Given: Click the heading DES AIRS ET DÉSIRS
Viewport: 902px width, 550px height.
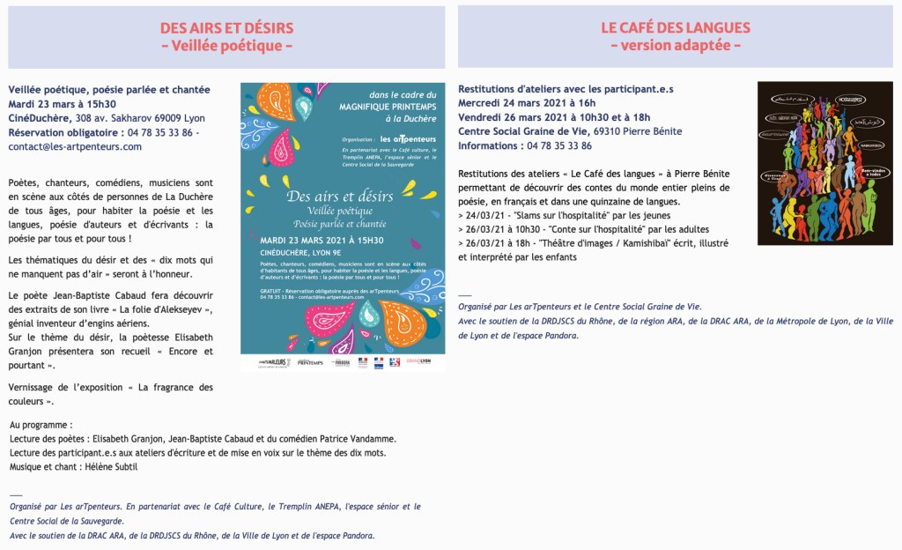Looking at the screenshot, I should coord(226,28).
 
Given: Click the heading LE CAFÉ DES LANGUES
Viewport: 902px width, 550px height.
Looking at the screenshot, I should coord(676,28).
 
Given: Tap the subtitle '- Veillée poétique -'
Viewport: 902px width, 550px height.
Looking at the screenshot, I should coord(226,46).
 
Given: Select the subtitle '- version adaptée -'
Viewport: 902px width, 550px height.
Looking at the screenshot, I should coord(676,46).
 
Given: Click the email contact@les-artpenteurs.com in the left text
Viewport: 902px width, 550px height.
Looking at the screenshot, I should coord(75,146).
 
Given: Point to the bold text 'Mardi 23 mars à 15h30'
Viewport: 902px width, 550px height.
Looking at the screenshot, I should coord(63,103).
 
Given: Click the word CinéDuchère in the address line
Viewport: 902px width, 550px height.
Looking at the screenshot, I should coord(40,117).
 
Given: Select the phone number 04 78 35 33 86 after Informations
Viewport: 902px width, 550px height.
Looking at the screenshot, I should coord(558,146).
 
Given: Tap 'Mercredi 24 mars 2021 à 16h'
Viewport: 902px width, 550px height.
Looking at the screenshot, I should coord(527,103).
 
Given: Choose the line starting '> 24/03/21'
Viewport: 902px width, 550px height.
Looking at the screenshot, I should coord(565,215).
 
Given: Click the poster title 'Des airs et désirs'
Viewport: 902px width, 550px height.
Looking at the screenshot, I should coord(339,196).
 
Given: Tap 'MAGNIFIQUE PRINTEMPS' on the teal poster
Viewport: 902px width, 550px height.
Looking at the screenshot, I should coord(388,108).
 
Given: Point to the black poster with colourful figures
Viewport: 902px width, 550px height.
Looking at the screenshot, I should coord(824,163).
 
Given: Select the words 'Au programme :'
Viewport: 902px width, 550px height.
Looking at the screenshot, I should coord(41,425).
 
